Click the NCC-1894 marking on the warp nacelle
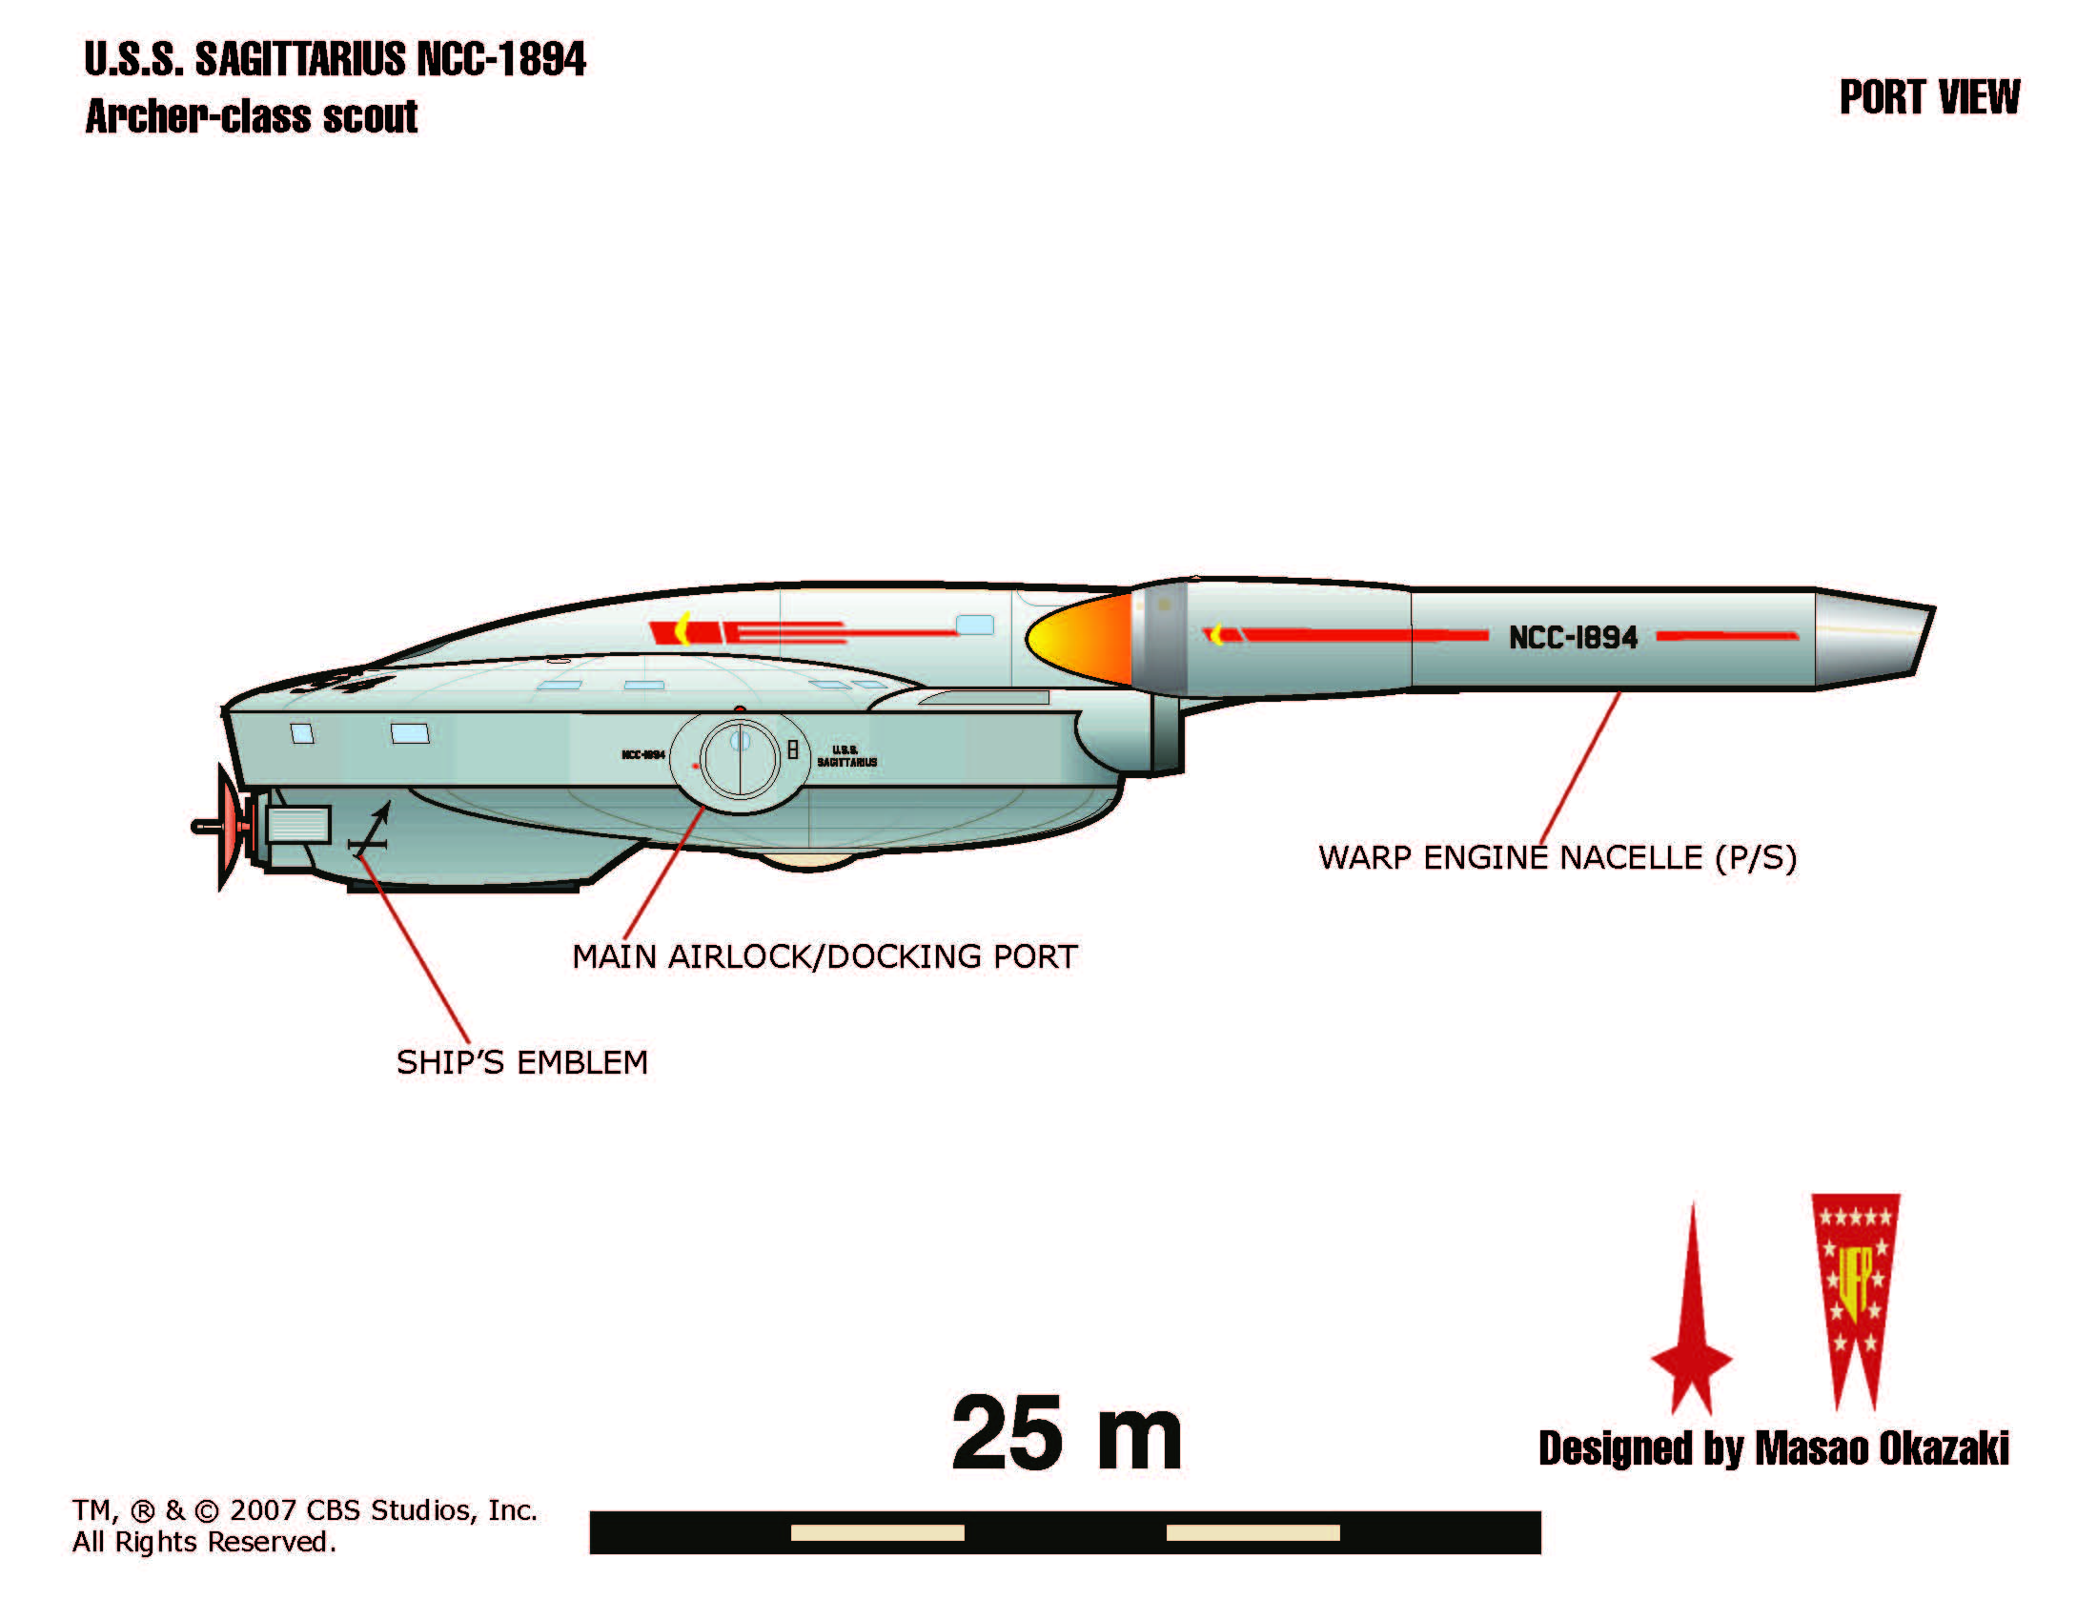tap(1572, 638)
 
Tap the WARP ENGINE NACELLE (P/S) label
tap(1557, 857)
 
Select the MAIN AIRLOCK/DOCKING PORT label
tap(825, 956)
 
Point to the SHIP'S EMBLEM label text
tap(522, 1062)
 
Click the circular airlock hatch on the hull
tap(740, 759)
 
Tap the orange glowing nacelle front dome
tap(1080, 639)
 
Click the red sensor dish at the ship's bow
tap(230, 826)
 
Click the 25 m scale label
tap(1066, 1434)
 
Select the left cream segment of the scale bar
tap(877, 1532)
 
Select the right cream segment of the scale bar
tap(1252, 1532)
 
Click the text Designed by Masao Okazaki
tap(1773, 1449)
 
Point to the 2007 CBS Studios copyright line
tap(304, 1510)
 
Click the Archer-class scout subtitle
tap(252, 117)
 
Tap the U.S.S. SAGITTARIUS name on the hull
tap(845, 756)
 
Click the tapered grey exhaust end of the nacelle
tap(1872, 638)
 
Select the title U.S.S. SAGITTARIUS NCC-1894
tap(335, 59)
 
